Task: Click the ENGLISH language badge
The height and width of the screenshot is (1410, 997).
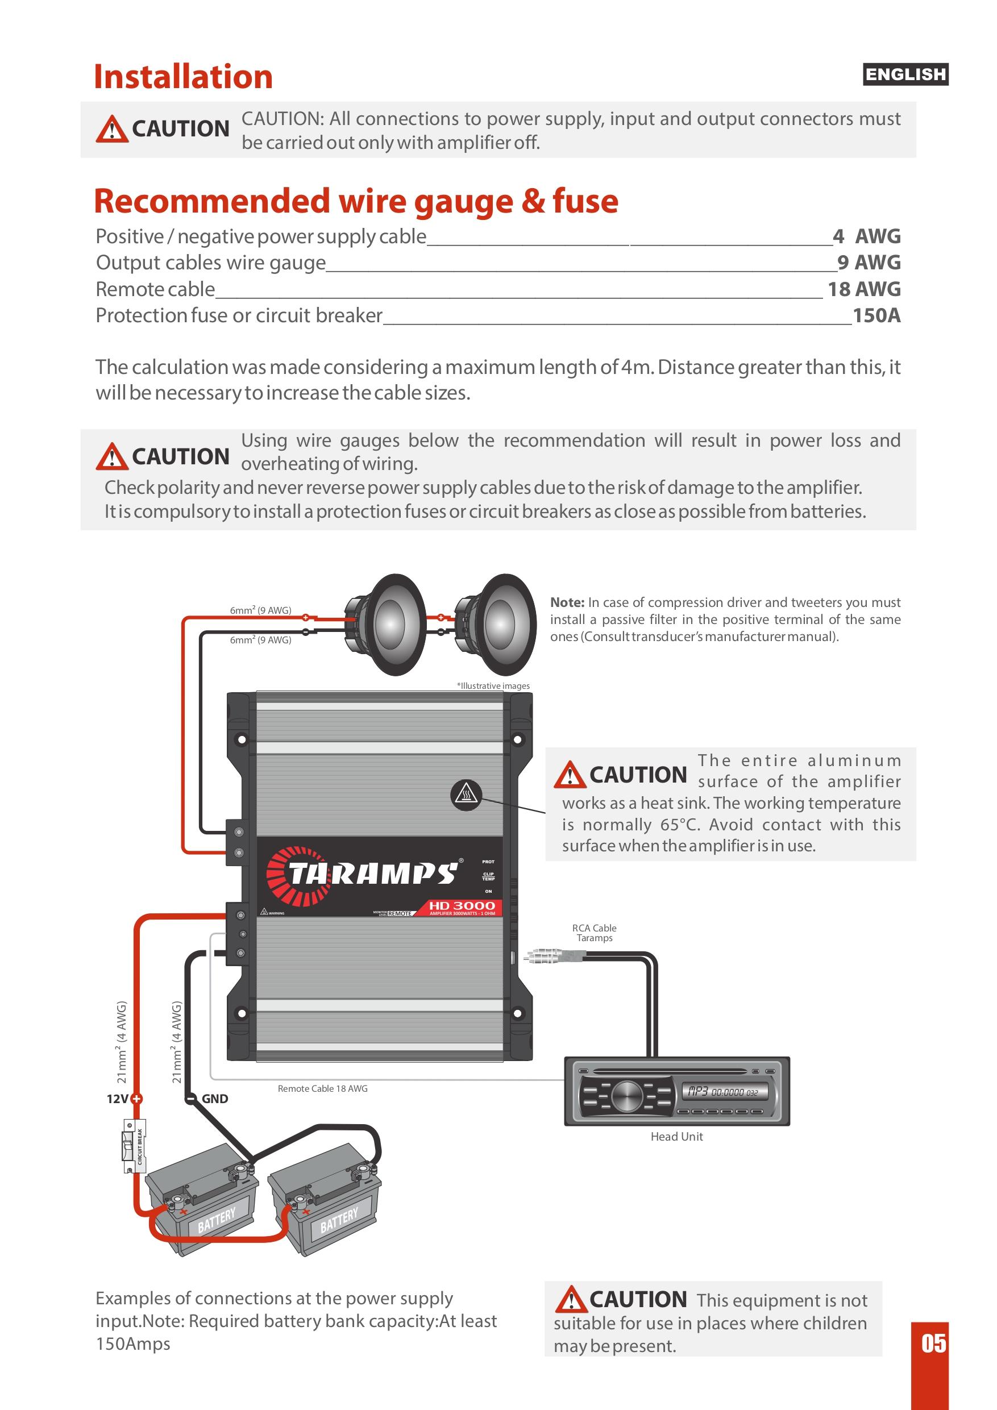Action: pos(905,74)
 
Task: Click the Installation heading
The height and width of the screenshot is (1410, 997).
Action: pos(183,77)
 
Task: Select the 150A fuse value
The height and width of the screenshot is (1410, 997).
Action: pos(876,315)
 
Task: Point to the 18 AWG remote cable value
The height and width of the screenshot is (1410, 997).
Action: pos(863,289)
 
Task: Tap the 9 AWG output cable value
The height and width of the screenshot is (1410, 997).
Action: pos(869,263)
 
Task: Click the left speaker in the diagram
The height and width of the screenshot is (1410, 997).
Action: pos(387,624)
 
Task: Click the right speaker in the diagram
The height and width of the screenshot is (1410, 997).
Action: pos(496,624)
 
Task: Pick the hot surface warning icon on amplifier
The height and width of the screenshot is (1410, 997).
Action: pos(466,795)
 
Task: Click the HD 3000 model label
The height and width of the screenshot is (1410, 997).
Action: pos(462,905)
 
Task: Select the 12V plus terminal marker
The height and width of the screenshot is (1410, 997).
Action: pos(136,1099)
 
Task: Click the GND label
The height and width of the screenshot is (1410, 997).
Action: pos(215,1099)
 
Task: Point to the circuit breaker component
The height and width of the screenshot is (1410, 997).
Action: pos(130,1145)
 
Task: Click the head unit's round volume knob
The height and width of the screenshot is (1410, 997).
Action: pos(626,1096)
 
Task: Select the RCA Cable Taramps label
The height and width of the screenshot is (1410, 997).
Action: pos(594,933)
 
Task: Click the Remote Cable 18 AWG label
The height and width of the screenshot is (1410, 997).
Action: pos(322,1088)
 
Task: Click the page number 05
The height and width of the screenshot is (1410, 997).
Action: pos(933,1343)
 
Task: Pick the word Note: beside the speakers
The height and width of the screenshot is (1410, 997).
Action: pos(566,602)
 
